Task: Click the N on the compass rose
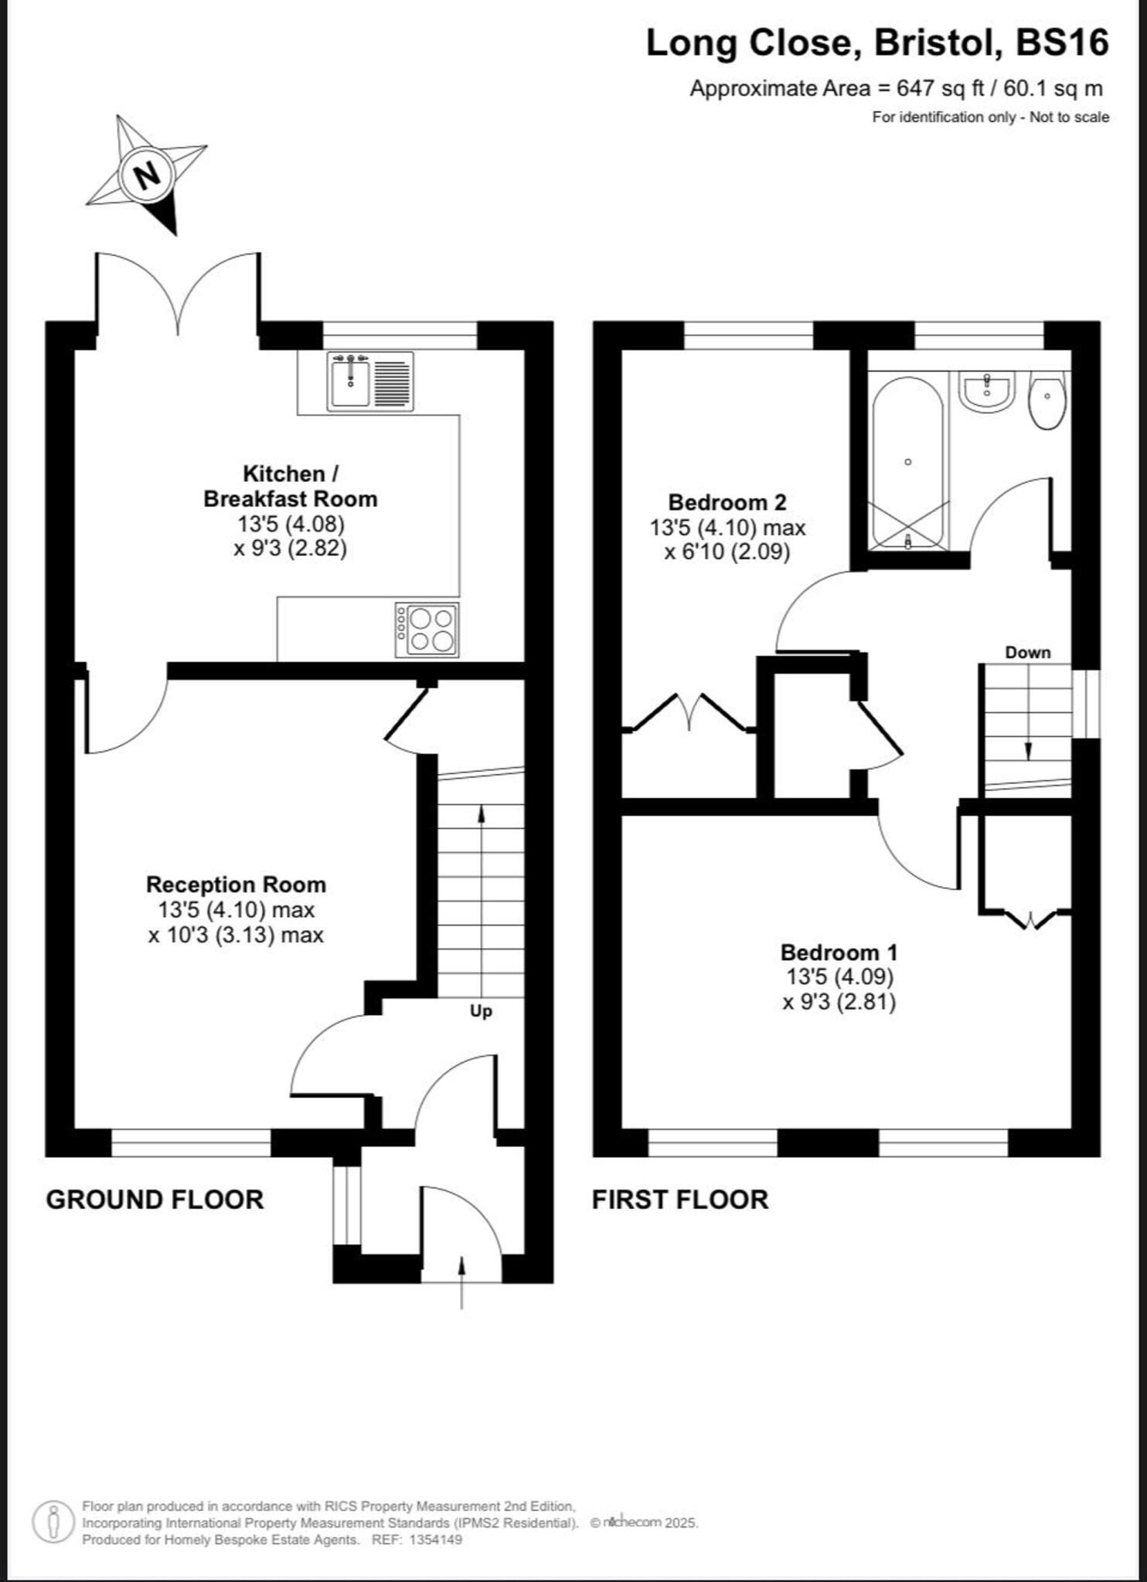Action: pos(147,175)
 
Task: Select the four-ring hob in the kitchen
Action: pos(427,630)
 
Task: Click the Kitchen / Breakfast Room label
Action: pos(290,486)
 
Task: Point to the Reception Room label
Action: pos(236,884)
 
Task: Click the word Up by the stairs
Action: pos(481,1011)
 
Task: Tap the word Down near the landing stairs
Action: pos(1027,653)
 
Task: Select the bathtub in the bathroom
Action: pos(907,463)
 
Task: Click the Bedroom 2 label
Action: pos(727,503)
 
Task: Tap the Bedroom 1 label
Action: pos(839,952)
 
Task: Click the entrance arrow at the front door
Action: pos(462,1282)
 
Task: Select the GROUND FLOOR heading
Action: pos(155,1200)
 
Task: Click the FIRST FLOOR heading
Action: pos(680,1200)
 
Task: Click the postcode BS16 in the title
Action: pos(1062,43)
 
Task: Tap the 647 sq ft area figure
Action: pos(940,89)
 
